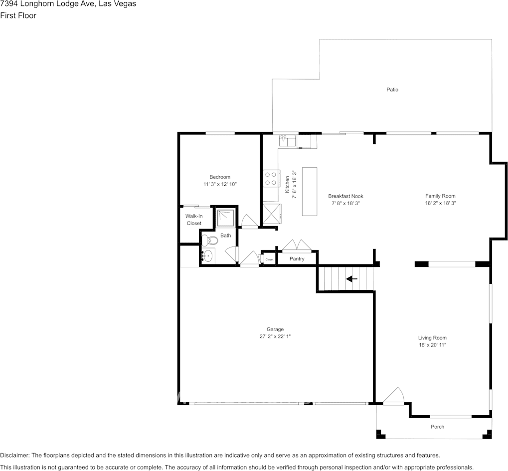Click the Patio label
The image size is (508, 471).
[x=392, y=90]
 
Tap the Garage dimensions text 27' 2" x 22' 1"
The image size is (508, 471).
[x=275, y=337]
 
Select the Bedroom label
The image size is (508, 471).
[x=219, y=177]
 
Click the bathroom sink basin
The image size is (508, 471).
[x=208, y=256]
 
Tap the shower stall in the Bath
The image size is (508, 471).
[x=226, y=218]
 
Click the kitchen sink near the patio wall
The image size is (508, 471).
[x=289, y=141]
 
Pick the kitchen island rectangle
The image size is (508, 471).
[x=310, y=191]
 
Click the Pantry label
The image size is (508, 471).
[x=297, y=259]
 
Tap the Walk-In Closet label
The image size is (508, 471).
[x=194, y=220]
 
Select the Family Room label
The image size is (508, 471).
[x=440, y=196]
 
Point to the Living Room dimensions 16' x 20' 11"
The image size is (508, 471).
[x=432, y=345]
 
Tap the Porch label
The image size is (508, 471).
[x=437, y=427]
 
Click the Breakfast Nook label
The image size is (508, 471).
[x=345, y=196]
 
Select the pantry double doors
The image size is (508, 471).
[x=296, y=245]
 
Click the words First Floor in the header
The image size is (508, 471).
[x=18, y=15]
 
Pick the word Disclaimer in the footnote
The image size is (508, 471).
[x=14, y=455]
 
